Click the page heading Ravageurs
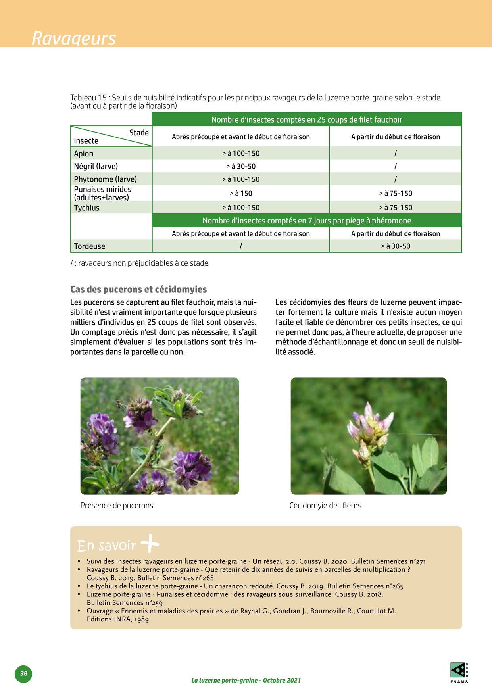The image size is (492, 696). pos(74,38)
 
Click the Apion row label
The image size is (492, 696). pos(84,154)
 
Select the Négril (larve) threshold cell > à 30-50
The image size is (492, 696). pos(241,166)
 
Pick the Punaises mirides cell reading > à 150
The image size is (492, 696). pos(241,193)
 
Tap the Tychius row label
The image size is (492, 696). pos(86,208)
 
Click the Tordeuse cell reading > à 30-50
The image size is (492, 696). pos(396,246)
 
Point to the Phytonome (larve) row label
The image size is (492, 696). pos(105,179)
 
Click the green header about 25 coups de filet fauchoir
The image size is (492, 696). pos(307,119)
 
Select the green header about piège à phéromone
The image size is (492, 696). pos(307,221)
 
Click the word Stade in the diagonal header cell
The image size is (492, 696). pos(139,133)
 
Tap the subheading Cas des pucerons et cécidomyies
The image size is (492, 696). pos(138,289)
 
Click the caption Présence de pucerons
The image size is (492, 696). pos(117,505)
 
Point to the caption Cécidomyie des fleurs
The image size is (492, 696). pos(325,505)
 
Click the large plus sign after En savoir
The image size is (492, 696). pos(150,544)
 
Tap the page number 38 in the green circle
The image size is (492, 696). pos(24,673)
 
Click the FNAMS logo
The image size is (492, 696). pos(459,672)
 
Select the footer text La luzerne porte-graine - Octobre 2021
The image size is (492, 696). pos(246,680)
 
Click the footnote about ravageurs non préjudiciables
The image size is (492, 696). pos(140,263)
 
